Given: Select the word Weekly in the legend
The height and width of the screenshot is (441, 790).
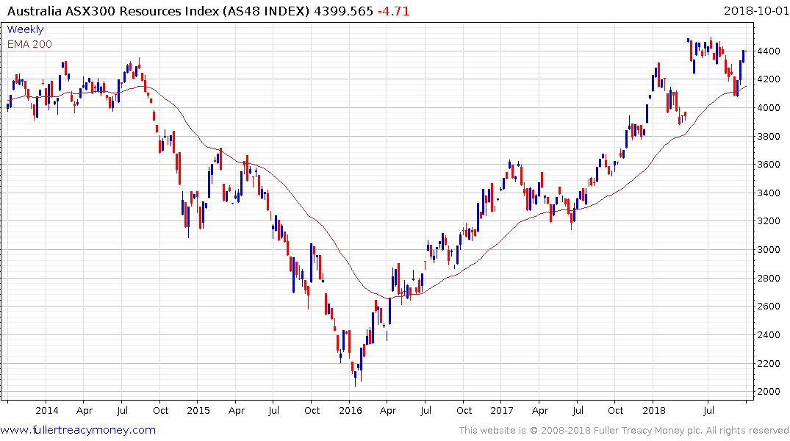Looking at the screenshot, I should coord(25,29).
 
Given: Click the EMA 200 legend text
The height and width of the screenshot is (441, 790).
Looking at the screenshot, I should coord(29,43).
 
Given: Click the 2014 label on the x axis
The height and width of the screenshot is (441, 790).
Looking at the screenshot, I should coord(46,410).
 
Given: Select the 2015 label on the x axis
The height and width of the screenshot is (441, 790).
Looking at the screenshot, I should coord(198,410).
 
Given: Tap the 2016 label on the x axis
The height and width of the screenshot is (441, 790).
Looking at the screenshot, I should coord(350,410).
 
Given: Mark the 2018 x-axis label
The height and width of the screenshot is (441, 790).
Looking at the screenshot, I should coord(653,410).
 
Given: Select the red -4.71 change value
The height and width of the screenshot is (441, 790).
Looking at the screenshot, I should coord(394,11).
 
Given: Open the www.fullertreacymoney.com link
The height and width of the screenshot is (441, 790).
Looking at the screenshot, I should coord(78,430).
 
